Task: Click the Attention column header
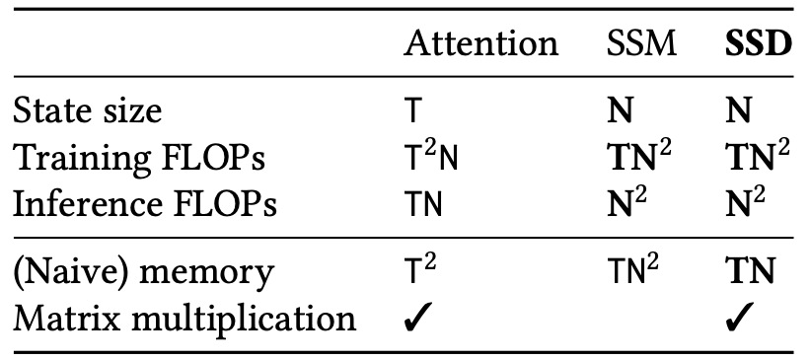point(481,44)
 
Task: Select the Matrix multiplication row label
point(184,319)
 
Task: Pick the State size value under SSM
point(620,111)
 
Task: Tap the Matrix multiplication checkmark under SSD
point(740,318)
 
